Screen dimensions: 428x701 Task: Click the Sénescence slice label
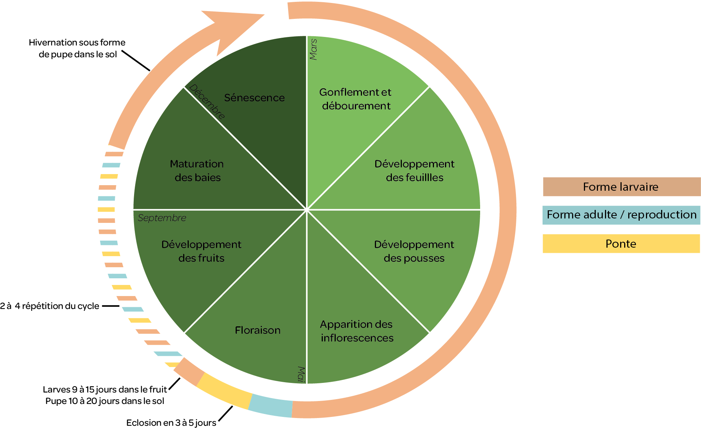click(x=254, y=98)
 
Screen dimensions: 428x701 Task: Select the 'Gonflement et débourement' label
click(x=356, y=99)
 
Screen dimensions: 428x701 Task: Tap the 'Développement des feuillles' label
click(x=414, y=170)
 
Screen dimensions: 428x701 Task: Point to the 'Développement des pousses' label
click(x=414, y=251)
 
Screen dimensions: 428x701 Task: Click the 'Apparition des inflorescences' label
click(x=357, y=331)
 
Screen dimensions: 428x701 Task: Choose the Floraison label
click(x=258, y=330)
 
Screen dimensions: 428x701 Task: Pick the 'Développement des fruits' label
click(x=201, y=251)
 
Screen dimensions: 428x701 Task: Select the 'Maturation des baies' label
click(x=197, y=170)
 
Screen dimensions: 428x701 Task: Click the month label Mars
click(x=313, y=49)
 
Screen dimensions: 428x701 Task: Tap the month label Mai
click(x=301, y=374)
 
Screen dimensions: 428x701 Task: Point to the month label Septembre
click(x=162, y=218)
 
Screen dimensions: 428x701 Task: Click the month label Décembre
click(x=207, y=101)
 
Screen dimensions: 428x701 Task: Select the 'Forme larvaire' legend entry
click(x=621, y=187)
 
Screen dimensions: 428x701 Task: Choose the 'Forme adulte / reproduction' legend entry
click(x=621, y=215)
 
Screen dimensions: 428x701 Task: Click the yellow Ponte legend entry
click(x=621, y=244)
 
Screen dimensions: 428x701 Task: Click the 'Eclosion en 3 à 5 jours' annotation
click(x=171, y=422)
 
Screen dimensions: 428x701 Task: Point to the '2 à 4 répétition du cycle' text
click(x=50, y=306)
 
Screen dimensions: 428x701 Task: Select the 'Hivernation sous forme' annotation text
click(x=77, y=43)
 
